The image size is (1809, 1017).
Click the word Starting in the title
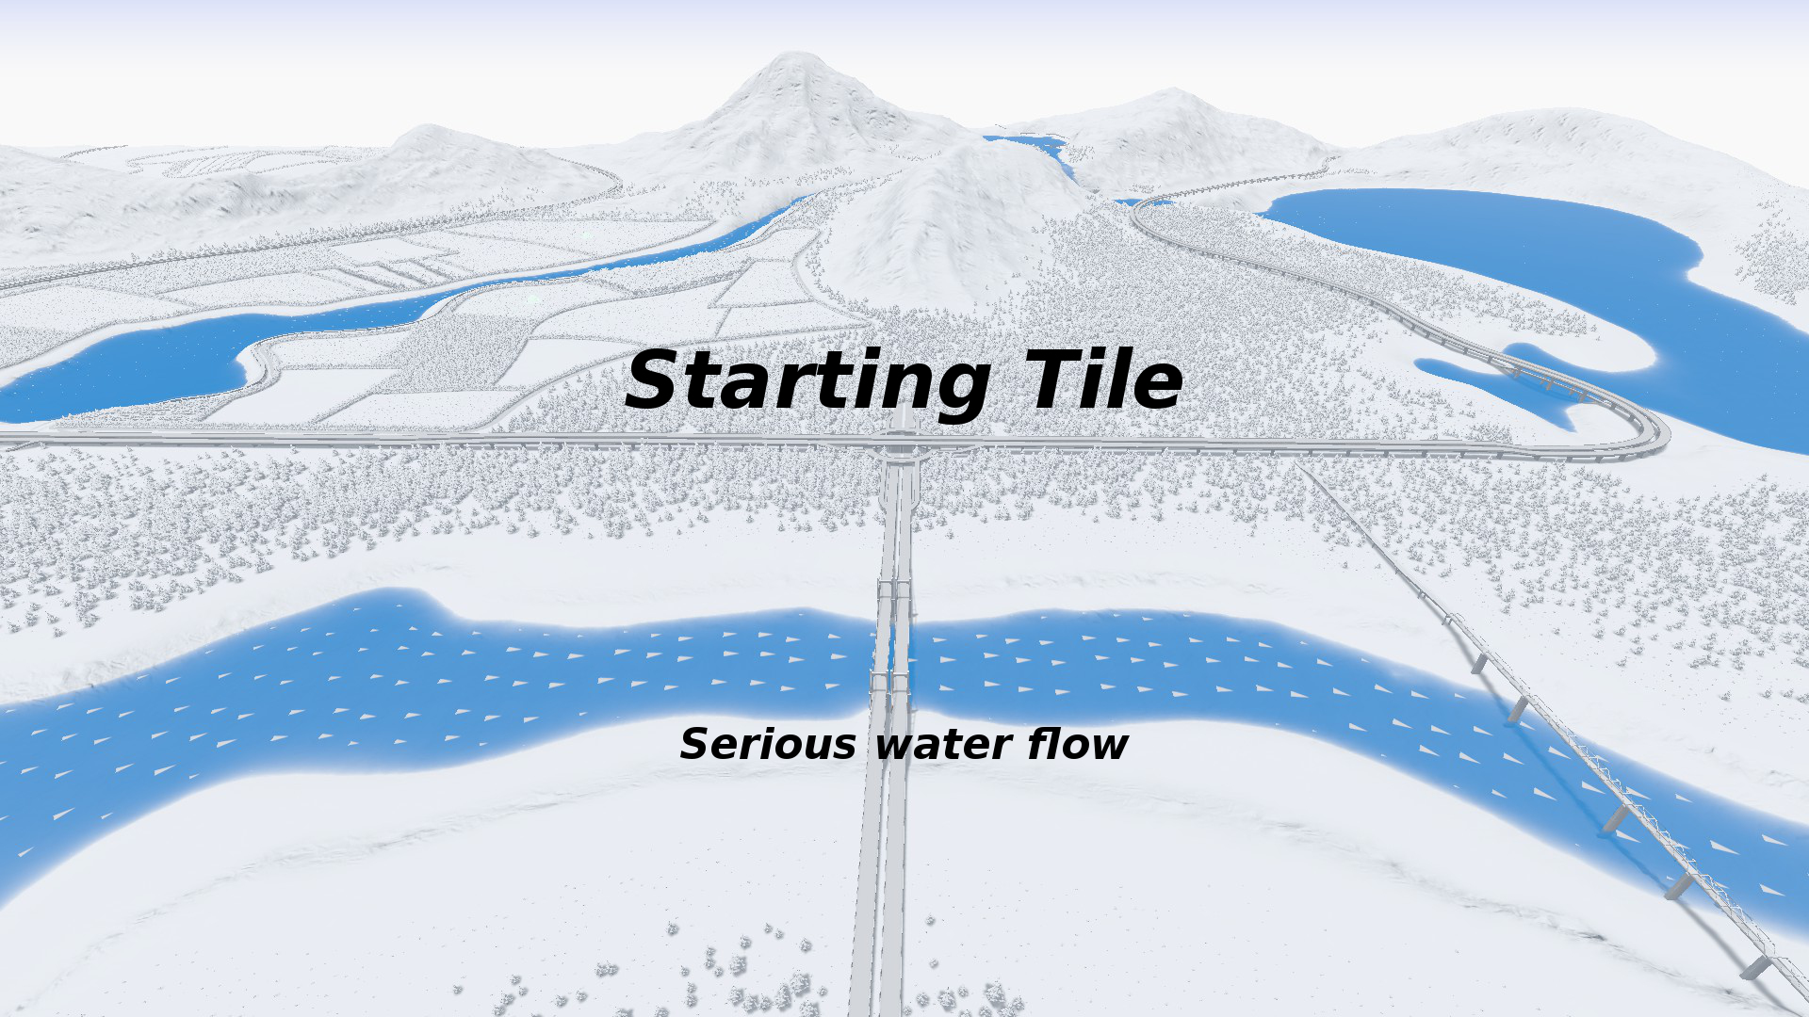pos(806,381)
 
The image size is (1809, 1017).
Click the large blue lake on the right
pos(1507,245)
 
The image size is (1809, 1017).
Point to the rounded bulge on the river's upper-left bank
pos(400,603)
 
